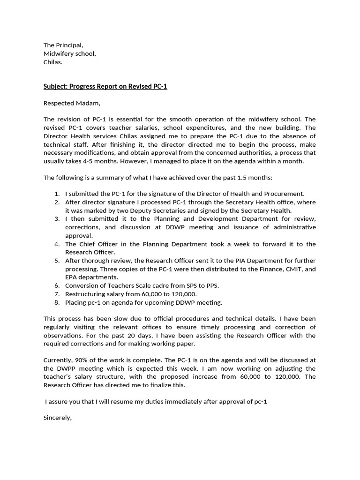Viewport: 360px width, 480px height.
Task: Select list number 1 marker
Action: pyautogui.click(x=57, y=194)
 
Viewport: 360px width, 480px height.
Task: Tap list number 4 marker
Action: pyautogui.click(x=57, y=244)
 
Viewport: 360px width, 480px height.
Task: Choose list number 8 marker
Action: pyautogui.click(x=57, y=302)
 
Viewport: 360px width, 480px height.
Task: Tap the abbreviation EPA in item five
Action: pyautogui.click(x=72, y=277)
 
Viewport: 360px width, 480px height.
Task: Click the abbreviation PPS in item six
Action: pyautogui.click(x=211, y=285)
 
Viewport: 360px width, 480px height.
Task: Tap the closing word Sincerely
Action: pyautogui.click(x=57, y=418)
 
